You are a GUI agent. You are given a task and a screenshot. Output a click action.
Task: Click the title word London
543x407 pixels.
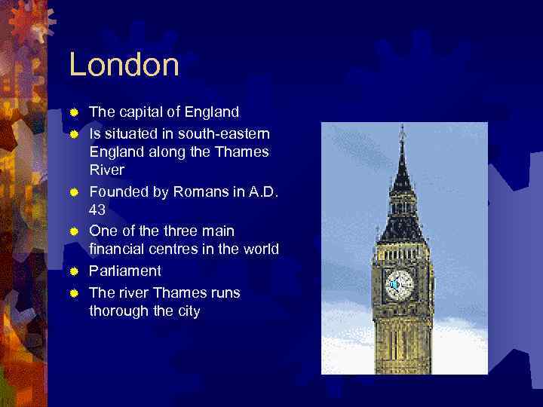click(124, 65)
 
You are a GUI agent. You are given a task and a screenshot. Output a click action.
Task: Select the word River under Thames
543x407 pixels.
click(106, 170)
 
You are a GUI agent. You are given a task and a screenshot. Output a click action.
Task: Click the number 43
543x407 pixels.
click(98, 210)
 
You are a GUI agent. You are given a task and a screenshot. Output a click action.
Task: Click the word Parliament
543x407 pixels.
click(125, 271)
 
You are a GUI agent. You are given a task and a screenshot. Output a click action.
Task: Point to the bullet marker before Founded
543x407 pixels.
click(74, 192)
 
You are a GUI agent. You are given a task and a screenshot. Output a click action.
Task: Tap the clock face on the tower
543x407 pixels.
click(400, 284)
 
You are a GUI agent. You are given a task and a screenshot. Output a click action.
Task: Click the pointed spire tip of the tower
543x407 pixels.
click(402, 130)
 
